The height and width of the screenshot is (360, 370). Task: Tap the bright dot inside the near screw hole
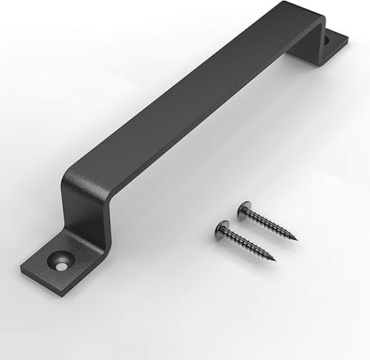click(x=56, y=262)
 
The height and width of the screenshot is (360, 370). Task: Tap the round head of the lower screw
click(x=220, y=225)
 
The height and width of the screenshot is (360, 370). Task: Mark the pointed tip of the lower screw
click(x=275, y=259)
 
